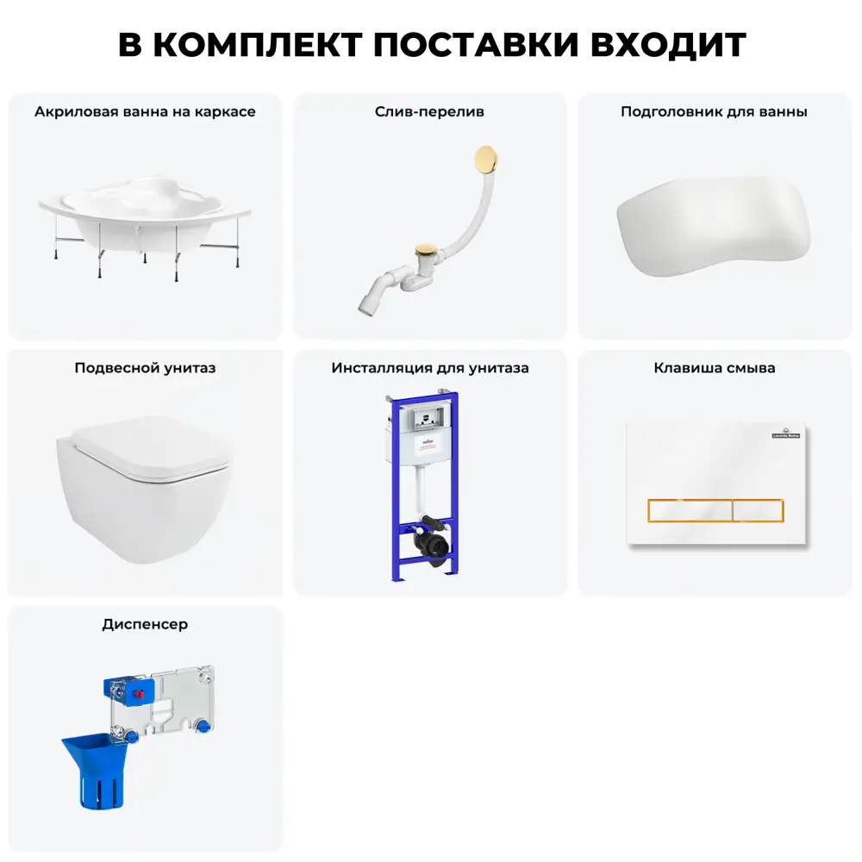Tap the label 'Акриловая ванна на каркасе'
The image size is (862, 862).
click(x=145, y=112)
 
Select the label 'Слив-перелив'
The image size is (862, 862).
click(x=429, y=112)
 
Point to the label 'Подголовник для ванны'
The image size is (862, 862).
click(x=714, y=112)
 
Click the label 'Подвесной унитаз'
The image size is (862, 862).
click(x=145, y=368)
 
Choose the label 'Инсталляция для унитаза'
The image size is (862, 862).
click(x=429, y=368)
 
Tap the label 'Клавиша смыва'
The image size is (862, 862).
click(x=714, y=368)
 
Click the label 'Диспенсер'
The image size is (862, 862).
click(x=145, y=624)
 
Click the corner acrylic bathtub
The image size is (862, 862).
click(x=142, y=207)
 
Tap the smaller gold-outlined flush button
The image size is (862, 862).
click(x=758, y=510)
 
